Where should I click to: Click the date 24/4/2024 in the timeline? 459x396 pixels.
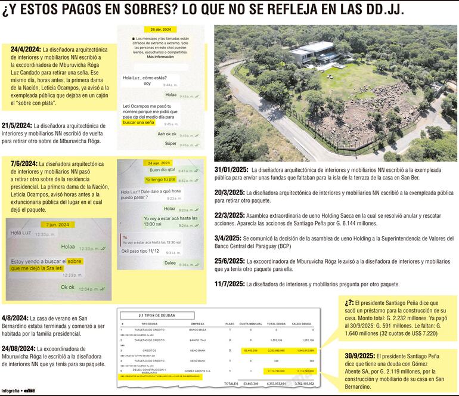pos(25,49)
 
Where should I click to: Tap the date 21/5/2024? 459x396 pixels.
pos(17,126)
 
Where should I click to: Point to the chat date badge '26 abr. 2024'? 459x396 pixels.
pos(161,29)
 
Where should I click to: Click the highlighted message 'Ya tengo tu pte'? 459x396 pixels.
pos(160,180)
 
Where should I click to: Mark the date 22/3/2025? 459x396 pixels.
pos(229,215)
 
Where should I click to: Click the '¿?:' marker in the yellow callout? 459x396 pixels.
pos(349,303)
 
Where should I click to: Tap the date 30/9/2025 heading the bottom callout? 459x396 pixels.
pos(359,356)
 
